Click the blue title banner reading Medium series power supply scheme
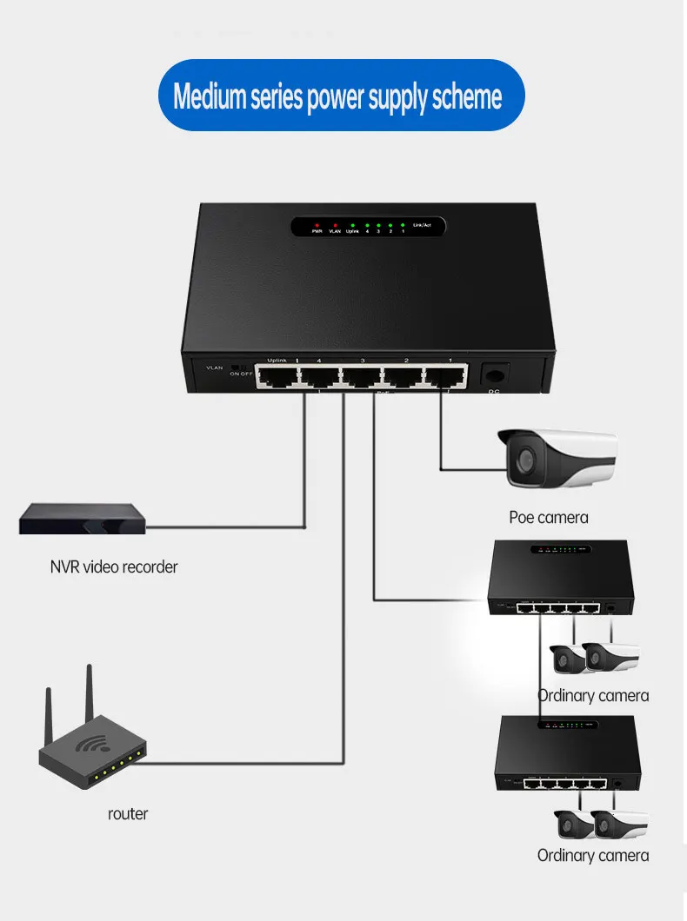coord(338,96)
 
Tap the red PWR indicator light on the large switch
coord(317,224)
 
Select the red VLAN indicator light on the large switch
coord(334,224)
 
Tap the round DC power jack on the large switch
coord(494,375)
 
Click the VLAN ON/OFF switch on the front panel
coord(236,367)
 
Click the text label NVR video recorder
coord(114,567)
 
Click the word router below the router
coord(128,814)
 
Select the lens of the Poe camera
coord(523,460)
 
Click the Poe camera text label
coord(549,518)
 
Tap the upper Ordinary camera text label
coord(593,695)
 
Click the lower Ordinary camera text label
coord(593,856)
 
